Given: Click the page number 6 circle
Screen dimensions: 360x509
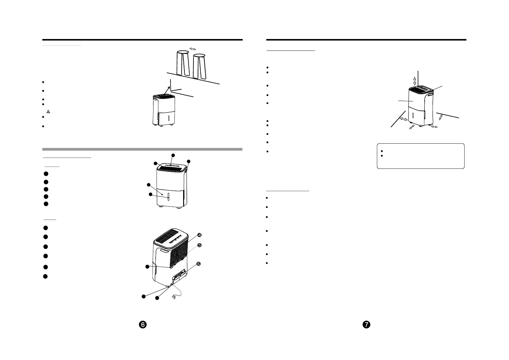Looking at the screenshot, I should point(143,324).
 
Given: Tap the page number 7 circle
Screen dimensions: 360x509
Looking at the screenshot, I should point(367,324).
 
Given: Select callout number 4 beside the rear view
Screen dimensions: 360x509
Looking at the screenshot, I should point(199,235).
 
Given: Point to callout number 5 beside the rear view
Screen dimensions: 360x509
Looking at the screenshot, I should point(199,245).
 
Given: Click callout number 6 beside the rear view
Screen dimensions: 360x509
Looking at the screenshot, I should point(199,264).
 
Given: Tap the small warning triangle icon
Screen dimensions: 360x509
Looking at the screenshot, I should point(48,112).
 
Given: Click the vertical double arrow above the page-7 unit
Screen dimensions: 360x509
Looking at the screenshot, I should point(415,81).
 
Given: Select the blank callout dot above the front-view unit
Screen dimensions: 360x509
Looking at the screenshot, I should point(173,155).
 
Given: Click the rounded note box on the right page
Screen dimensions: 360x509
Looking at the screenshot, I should point(420,156).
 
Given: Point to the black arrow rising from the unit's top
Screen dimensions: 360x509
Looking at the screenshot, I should point(166,90).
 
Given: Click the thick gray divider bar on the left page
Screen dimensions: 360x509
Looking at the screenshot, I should point(142,149).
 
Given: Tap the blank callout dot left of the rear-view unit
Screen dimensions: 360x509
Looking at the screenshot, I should point(147,267).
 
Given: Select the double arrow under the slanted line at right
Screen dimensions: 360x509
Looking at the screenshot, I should point(440,117).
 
